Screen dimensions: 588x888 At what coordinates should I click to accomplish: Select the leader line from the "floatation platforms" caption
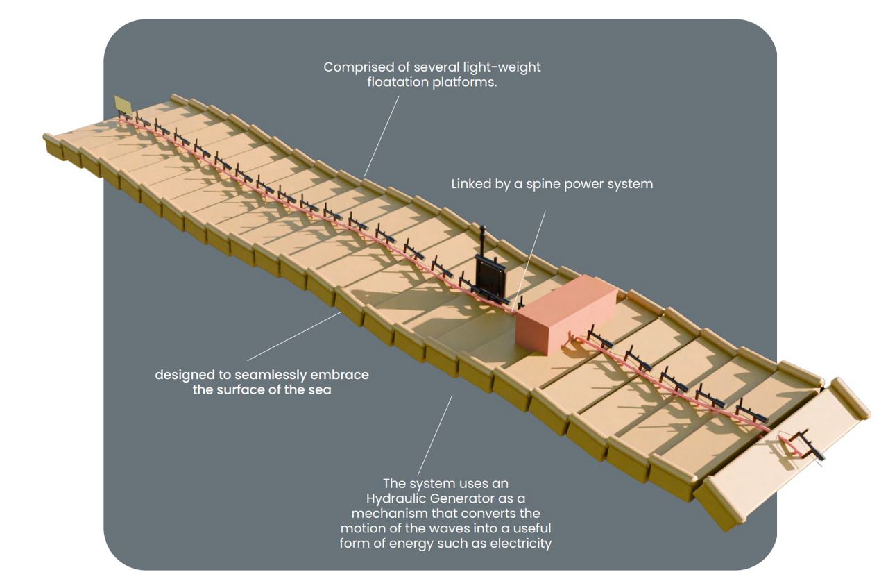coord(382,135)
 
